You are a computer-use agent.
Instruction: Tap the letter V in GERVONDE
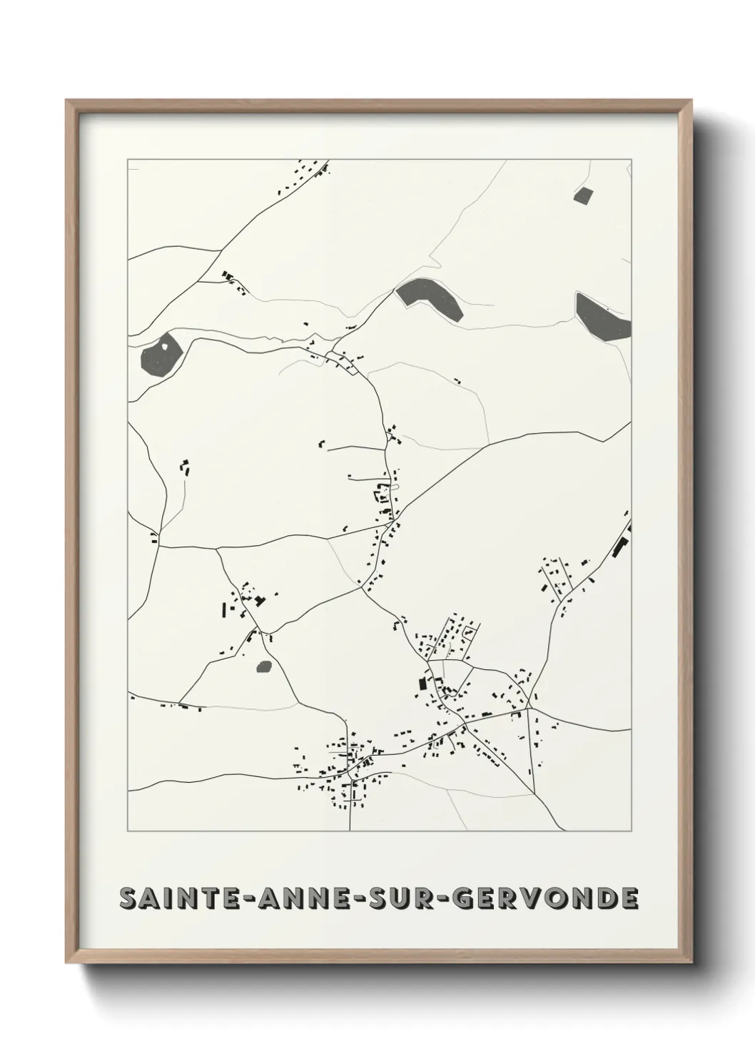[532, 899]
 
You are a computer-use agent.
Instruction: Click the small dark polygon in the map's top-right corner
[583, 196]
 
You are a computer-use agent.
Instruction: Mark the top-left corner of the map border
[128, 160]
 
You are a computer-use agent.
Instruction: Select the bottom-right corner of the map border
[632, 831]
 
